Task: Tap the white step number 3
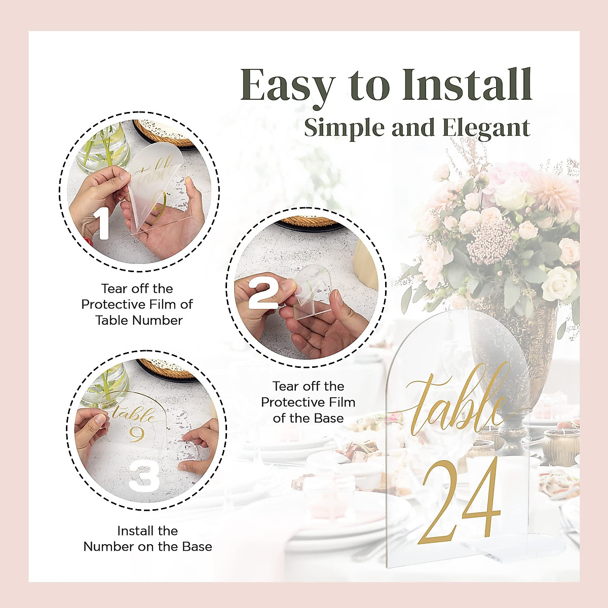(144, 475)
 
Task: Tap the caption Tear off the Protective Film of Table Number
(137, 305)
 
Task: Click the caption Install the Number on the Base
(147, 539)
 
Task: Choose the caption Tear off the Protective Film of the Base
(308, 402)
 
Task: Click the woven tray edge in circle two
(309, 222)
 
